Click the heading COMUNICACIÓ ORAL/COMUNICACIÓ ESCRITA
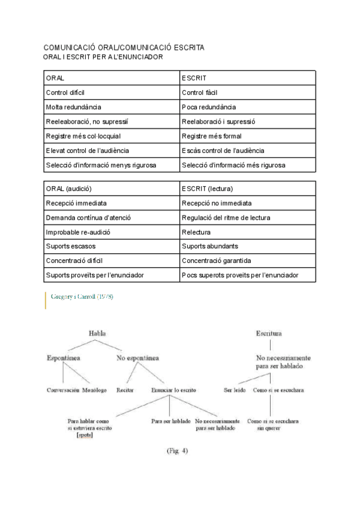124,47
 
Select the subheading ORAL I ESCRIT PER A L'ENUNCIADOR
103,56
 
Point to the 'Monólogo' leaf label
95,390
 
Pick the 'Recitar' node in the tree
125,390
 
